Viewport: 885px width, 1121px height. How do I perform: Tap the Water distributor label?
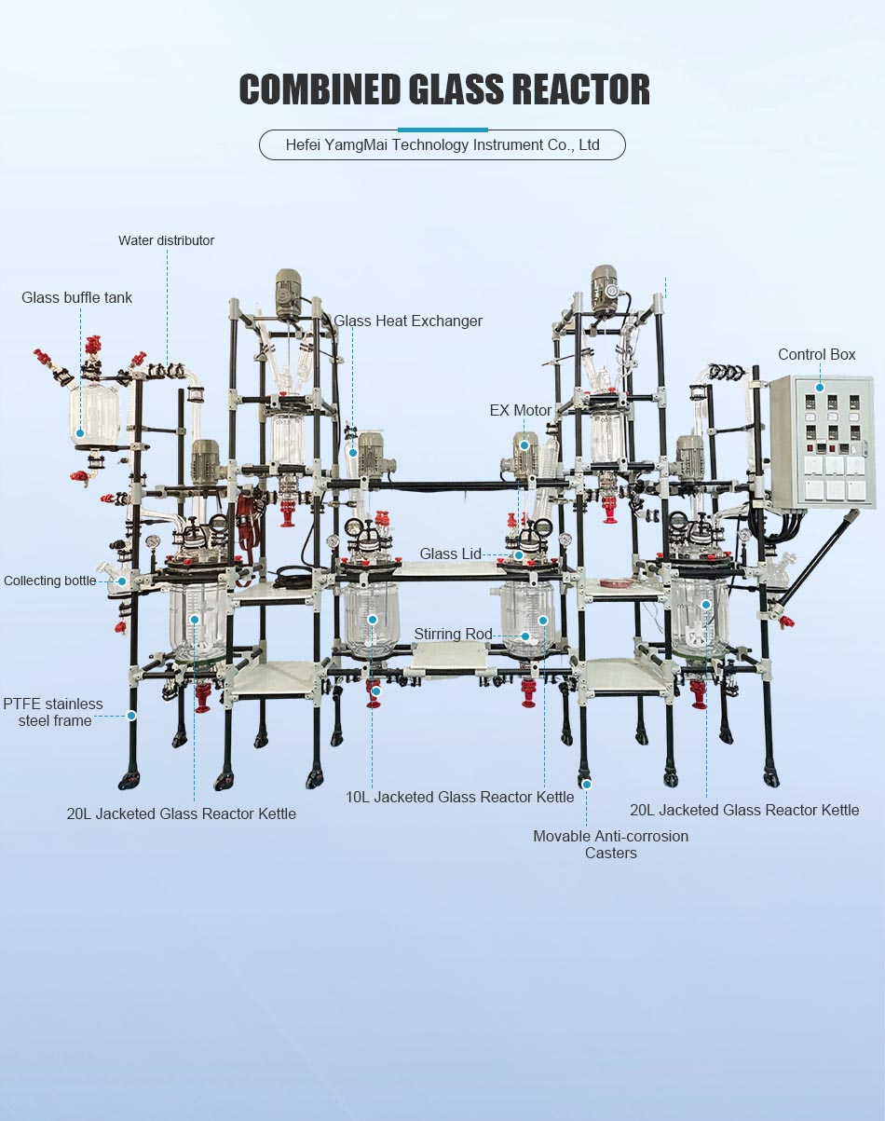[x=166, y=240]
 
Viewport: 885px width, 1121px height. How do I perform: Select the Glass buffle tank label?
[x=77, y=297]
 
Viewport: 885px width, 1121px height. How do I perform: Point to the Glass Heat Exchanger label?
[x=408, y=321]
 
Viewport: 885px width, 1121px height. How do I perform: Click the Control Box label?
[x=816, y=354]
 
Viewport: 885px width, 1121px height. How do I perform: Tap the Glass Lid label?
[x=451, y=554]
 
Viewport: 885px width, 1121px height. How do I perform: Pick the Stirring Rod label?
[x=453, y=634]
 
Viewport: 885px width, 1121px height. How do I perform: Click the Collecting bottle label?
[x=50, y=581]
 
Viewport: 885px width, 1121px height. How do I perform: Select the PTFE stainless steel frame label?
[x=53, y=712]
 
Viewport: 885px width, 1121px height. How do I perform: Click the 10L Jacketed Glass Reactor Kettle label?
[x=459, y=797]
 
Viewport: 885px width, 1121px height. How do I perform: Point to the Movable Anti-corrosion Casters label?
[x=610, y=844]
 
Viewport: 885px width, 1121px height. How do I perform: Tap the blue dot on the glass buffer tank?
[x=79, y=432]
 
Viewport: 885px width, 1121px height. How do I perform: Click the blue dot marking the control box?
[x=820, y=387]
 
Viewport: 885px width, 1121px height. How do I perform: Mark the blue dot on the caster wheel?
[x=587, y=785]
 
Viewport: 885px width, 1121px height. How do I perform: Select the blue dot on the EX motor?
[x=524, y=445]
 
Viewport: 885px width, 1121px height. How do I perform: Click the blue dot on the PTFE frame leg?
[x=131, y=716]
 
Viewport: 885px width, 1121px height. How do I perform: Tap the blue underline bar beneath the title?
[x=442, y=130]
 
